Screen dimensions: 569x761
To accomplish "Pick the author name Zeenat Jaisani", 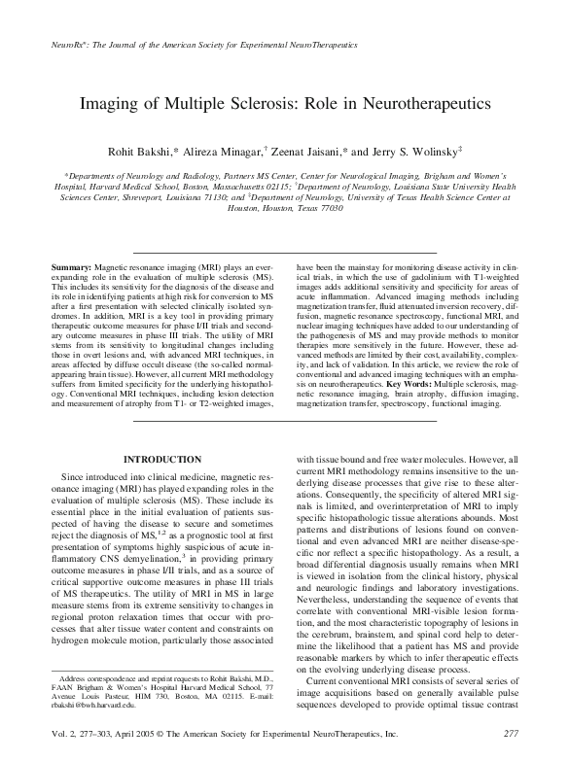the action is click(x=308, y=153).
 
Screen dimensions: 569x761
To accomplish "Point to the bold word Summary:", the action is click(x=71, y=265).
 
